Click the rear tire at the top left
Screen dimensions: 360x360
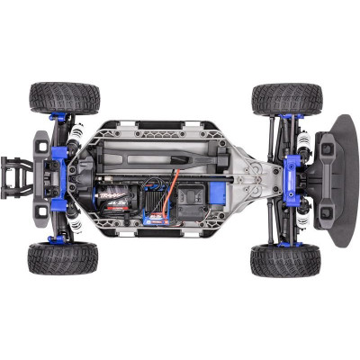tap(63, 97)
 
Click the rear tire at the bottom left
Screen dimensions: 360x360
tap(63, 258)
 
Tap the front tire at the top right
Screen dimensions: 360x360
tap(286, 98)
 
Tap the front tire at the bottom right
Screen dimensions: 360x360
tap(286, 259)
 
